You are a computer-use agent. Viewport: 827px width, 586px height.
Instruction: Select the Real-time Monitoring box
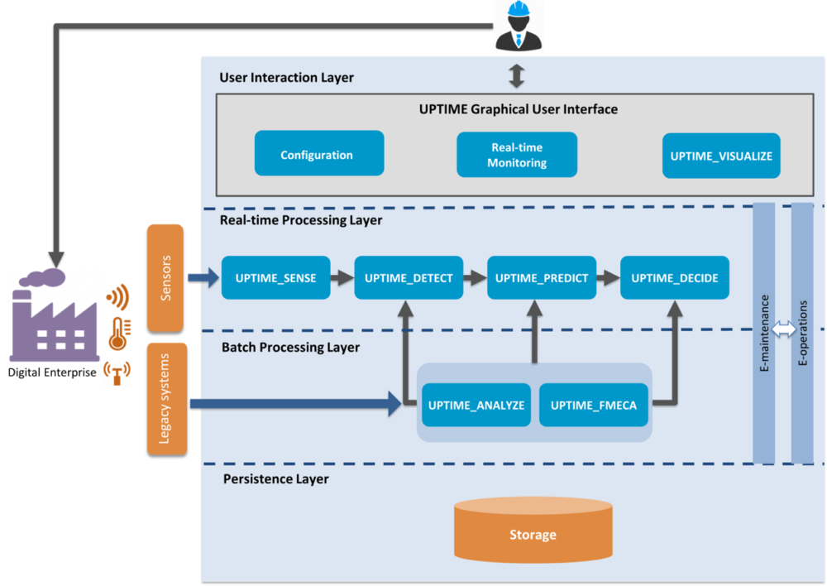(517, 155)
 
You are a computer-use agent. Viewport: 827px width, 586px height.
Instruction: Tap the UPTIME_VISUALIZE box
(721, 156)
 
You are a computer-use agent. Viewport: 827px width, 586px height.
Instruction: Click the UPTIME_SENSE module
(275, 278)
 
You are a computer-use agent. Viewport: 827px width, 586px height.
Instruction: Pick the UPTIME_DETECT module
(409, 278)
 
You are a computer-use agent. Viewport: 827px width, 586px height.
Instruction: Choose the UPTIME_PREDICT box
(541, 278)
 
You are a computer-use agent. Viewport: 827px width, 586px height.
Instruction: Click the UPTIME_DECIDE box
(675, 278)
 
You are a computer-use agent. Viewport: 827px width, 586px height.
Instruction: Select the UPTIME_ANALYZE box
(476, 405)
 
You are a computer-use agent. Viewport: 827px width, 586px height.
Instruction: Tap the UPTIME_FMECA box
(594, 405)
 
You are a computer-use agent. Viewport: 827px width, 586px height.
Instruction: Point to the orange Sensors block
(165, 277)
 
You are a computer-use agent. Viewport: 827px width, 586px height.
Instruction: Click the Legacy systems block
(166, 398)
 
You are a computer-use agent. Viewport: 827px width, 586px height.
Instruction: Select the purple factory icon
(55, 319)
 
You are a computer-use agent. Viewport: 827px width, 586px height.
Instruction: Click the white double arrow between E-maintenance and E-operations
(783, 329)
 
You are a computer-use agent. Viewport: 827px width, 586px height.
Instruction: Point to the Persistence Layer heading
(275, 479)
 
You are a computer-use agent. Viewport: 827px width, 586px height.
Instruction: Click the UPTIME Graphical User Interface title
(519, 109)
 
